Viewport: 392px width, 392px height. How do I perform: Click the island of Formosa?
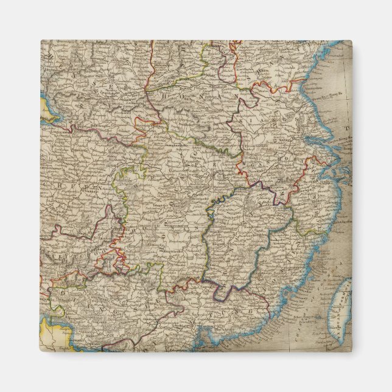tap(340, 307)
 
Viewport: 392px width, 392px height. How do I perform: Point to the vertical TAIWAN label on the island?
tap(336, 310)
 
